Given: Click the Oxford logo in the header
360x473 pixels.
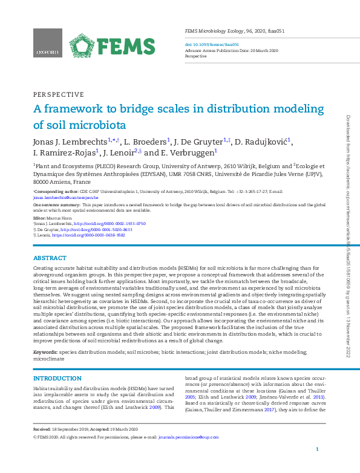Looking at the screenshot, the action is (x=47, y=44).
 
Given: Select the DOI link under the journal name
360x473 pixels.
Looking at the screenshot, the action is (x=211, y=44).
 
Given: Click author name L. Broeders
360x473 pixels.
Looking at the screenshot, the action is (x=149, y=142).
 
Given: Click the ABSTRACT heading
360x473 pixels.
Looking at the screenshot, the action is (x=50, y=258).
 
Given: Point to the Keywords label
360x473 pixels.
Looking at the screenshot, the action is (x=45, y=351).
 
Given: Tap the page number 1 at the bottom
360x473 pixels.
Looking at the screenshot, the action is (x=317, y=449).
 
